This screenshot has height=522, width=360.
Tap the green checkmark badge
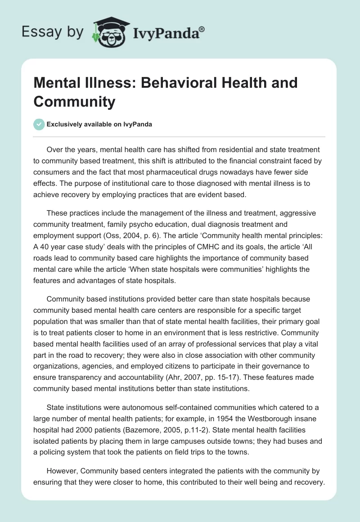tap(40, 124)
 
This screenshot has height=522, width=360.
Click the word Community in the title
tap(74, 101)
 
